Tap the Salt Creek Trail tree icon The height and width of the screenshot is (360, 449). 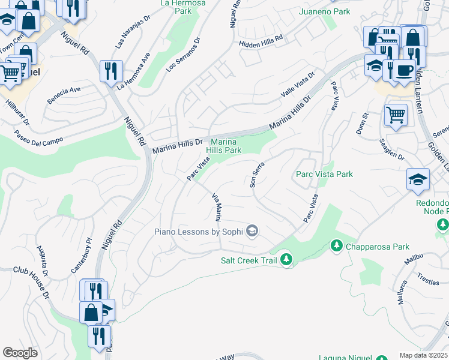tap(287, 259)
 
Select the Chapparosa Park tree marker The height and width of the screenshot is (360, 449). tap(336, 246)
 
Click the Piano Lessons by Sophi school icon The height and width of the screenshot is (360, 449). tap(252, 231)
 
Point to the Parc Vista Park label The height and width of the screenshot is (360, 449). tap(324, 174)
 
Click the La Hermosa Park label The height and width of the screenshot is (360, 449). tap(182, 7)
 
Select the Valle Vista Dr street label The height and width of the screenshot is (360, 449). tap(298, 88)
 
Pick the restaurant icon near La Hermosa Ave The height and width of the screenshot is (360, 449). tap(111, 71)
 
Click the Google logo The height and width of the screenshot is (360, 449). tap(20, 353)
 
